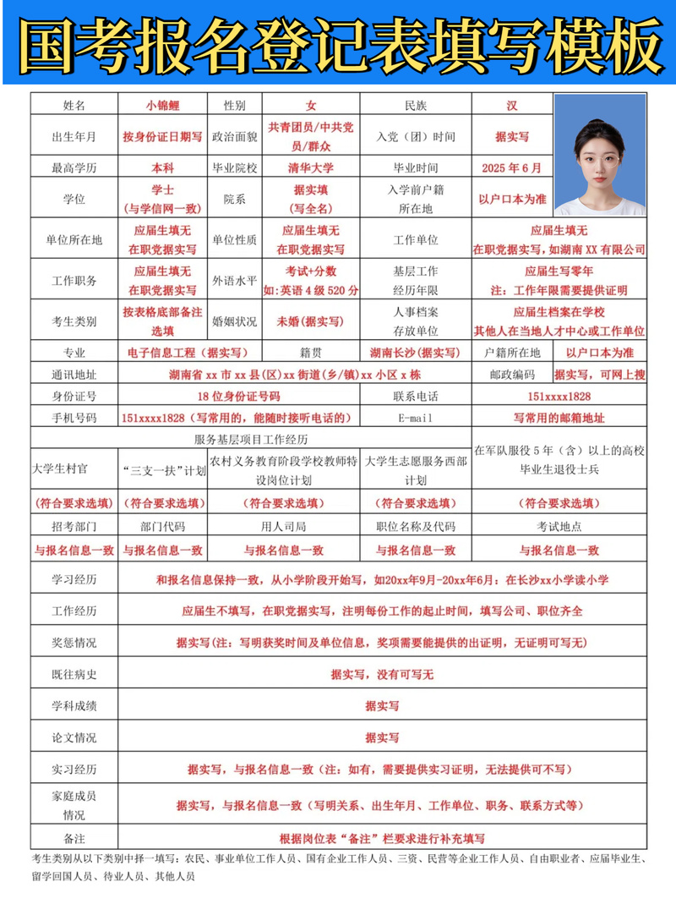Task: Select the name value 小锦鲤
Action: (x=163, y=106)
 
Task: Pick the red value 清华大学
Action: (x=311, y=167)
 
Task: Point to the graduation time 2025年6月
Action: (x=512, y=167)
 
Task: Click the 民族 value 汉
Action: (x=512, y=106)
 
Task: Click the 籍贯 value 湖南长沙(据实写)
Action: (x=415, y=352)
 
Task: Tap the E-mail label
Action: (x=415, y=418)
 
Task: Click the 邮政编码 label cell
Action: (x=512, y=374)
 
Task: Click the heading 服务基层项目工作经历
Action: (x=251, y=440)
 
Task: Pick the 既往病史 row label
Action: (x=74, y=674)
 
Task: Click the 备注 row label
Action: (x=74, y=838)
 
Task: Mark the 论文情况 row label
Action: (x=74, y=737)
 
